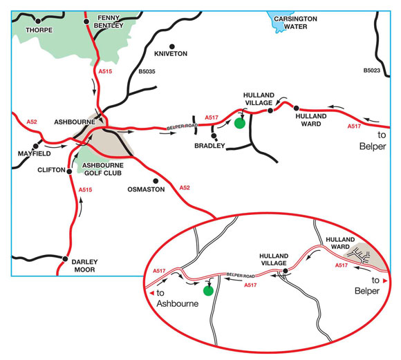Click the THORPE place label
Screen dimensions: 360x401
pyautogui.click(x=39, y=30)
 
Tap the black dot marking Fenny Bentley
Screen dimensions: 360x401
pyautogui.click(x=86, y=21)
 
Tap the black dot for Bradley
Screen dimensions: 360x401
pyautogui.click(x=214, y=136)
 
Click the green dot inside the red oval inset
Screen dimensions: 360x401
pyautogui.click(x=207, y=291)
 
